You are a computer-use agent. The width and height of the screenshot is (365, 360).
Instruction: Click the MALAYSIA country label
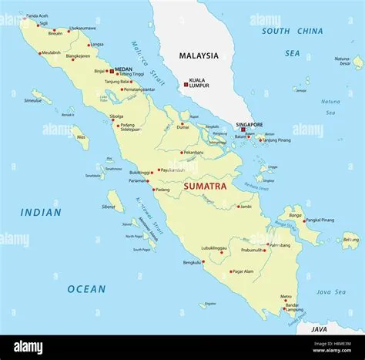coord(199,56)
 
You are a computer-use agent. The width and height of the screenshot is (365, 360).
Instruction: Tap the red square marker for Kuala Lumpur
coord(185,82)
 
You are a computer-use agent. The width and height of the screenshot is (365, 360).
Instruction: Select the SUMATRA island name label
coord(204,186)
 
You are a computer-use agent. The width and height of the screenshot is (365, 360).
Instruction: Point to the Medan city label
coord(123,69)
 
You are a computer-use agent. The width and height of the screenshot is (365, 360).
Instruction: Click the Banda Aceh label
coord(36,16)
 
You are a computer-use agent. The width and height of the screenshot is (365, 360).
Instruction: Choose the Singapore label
coord(249,124)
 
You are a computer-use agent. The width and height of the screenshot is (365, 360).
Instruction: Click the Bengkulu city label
coord(192,262)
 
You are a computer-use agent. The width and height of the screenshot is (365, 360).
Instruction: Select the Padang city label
coord(162,190)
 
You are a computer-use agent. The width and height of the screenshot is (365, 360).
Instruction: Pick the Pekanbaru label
coord(193,153)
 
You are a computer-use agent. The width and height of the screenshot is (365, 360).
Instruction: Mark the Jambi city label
coord(246,207)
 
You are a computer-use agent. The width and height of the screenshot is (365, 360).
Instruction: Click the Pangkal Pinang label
coord(320,220)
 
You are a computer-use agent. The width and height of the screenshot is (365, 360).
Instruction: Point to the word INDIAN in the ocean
coord(41,212)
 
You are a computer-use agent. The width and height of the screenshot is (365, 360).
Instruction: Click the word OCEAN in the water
coord(86,289)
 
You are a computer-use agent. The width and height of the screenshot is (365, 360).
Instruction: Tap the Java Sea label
coord(331,292)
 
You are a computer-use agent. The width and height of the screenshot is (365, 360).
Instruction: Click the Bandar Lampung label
coord(292,307)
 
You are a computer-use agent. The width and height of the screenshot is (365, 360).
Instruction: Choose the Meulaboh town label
coord(51,52)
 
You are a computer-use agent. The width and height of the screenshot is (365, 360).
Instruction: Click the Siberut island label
coord(110,207)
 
